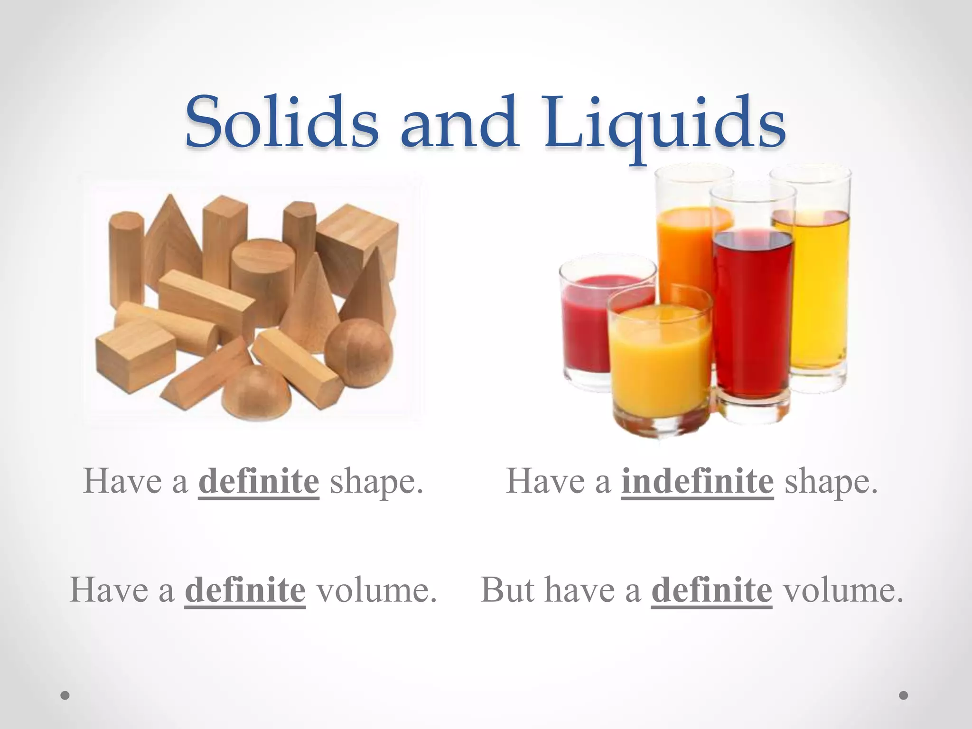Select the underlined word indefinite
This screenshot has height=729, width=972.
pyautogui.click(x=697, y=482)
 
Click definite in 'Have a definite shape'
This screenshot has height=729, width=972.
pyautogui.click(x=259, y=482)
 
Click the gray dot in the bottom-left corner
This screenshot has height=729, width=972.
pyautogui.click(x=65, y=696)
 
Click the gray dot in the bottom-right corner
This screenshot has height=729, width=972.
pyautogui.click(x=904, y=695)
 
